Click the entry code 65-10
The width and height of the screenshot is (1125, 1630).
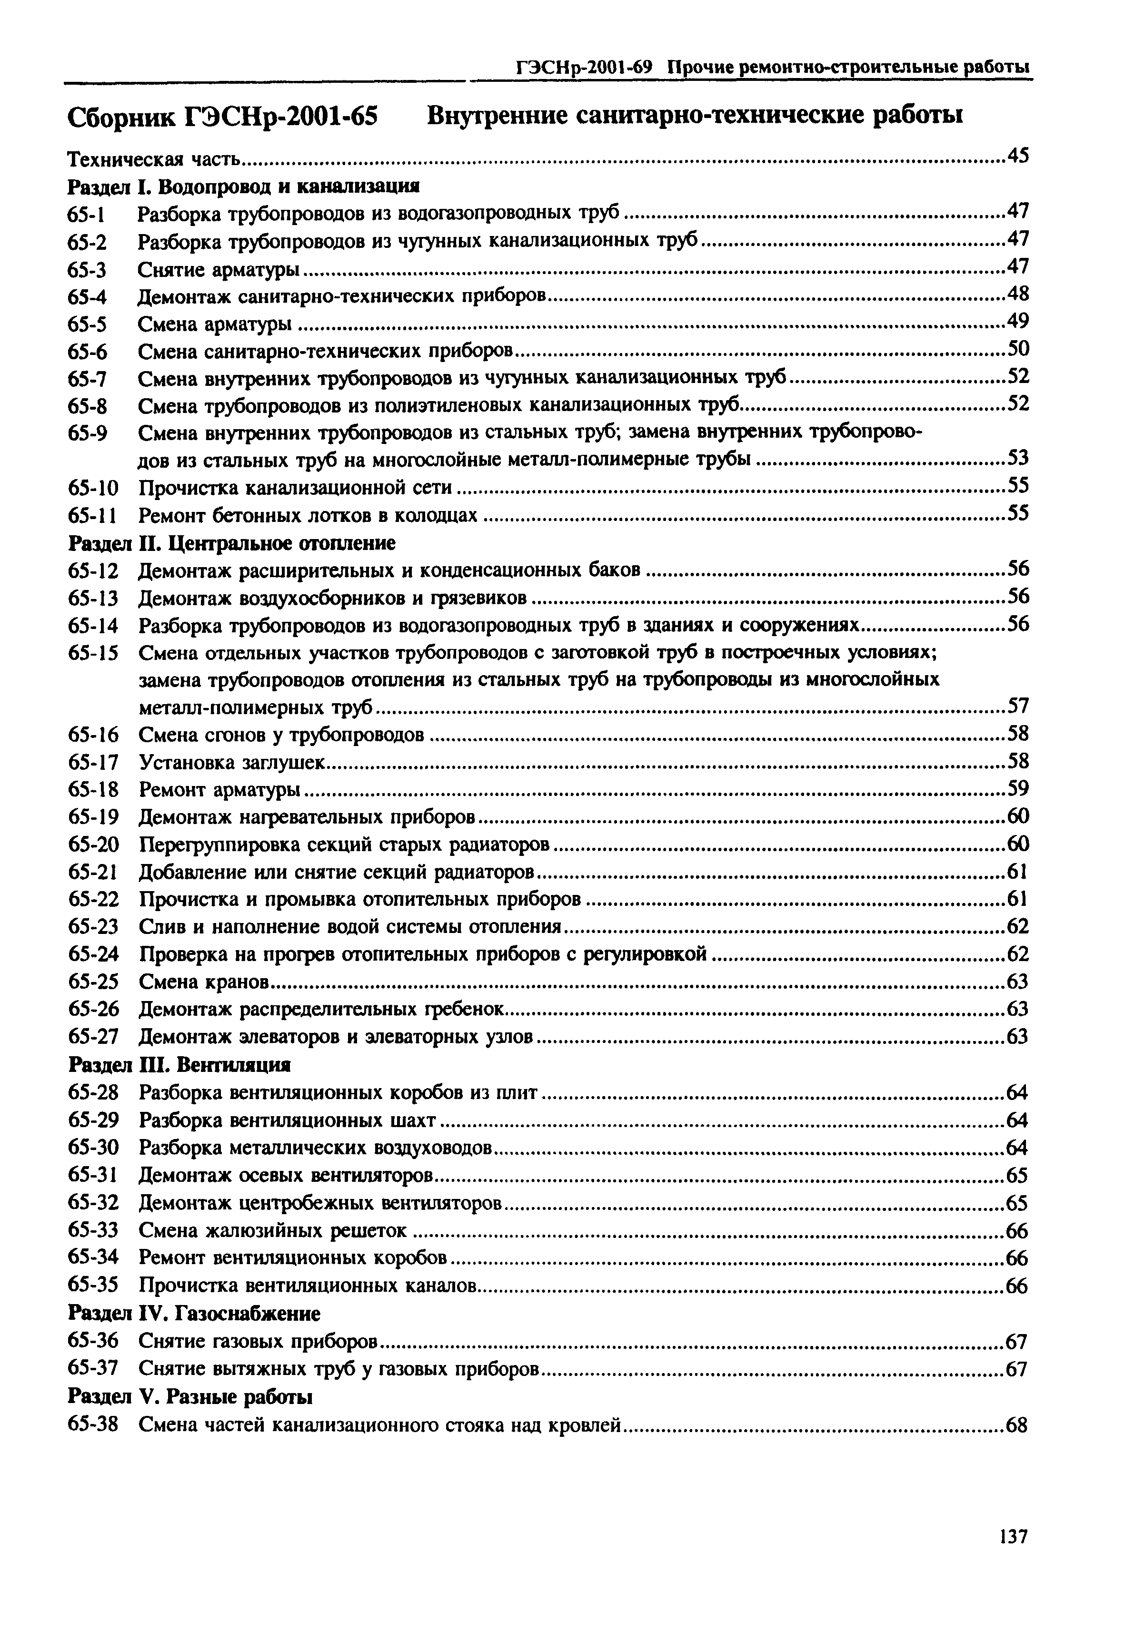coord(93,488)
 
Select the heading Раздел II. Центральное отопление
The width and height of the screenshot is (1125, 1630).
coord(232,543)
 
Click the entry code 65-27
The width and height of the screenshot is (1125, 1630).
coord(93,1037)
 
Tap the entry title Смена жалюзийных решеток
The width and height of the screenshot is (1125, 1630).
coord(272,1231)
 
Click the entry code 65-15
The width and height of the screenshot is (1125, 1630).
coord(93,653)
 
